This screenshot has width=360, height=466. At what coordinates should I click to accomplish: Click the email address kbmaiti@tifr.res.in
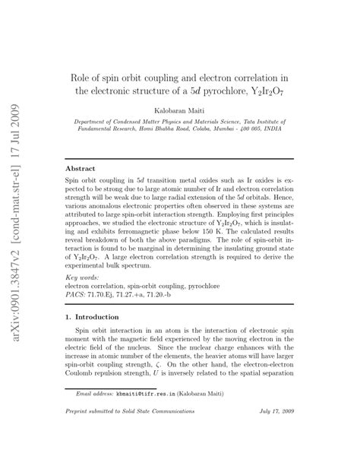149,395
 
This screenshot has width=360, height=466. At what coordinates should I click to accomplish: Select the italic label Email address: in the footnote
94,395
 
